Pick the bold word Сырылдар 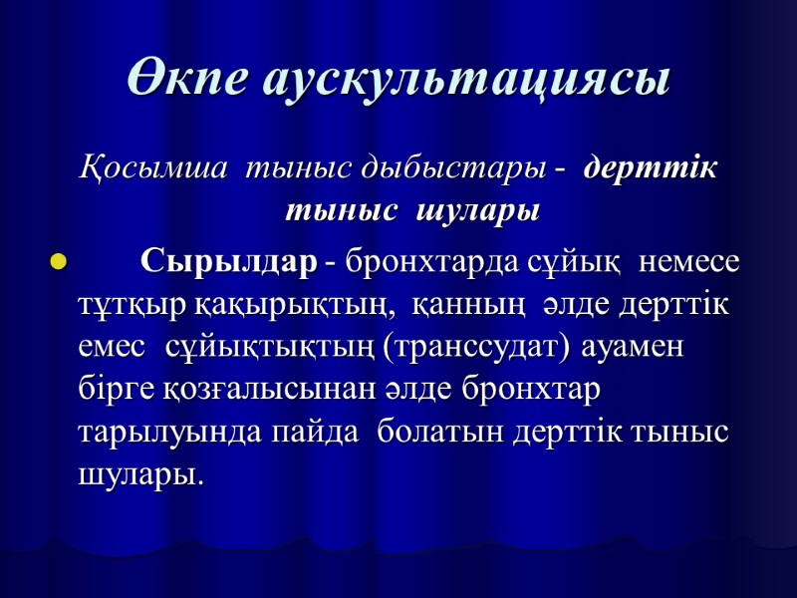[229, 263]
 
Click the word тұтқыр [122, 305]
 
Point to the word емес [109, 348]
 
